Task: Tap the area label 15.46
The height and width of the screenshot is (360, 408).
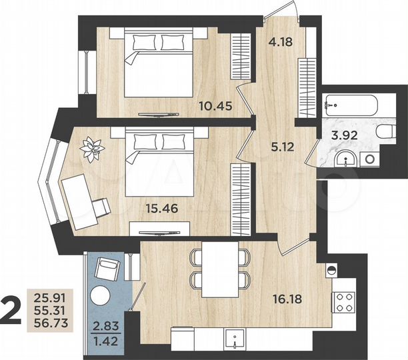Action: pos(161,207)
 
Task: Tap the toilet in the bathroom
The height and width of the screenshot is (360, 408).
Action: pos(384,131)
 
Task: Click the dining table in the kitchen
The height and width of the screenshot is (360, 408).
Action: pos(220,268)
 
